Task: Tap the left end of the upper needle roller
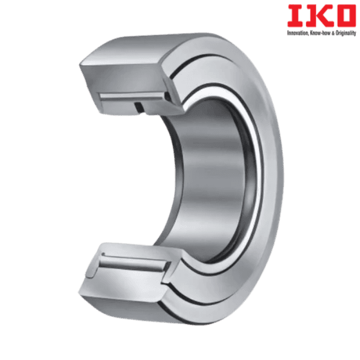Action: (103, 97)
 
